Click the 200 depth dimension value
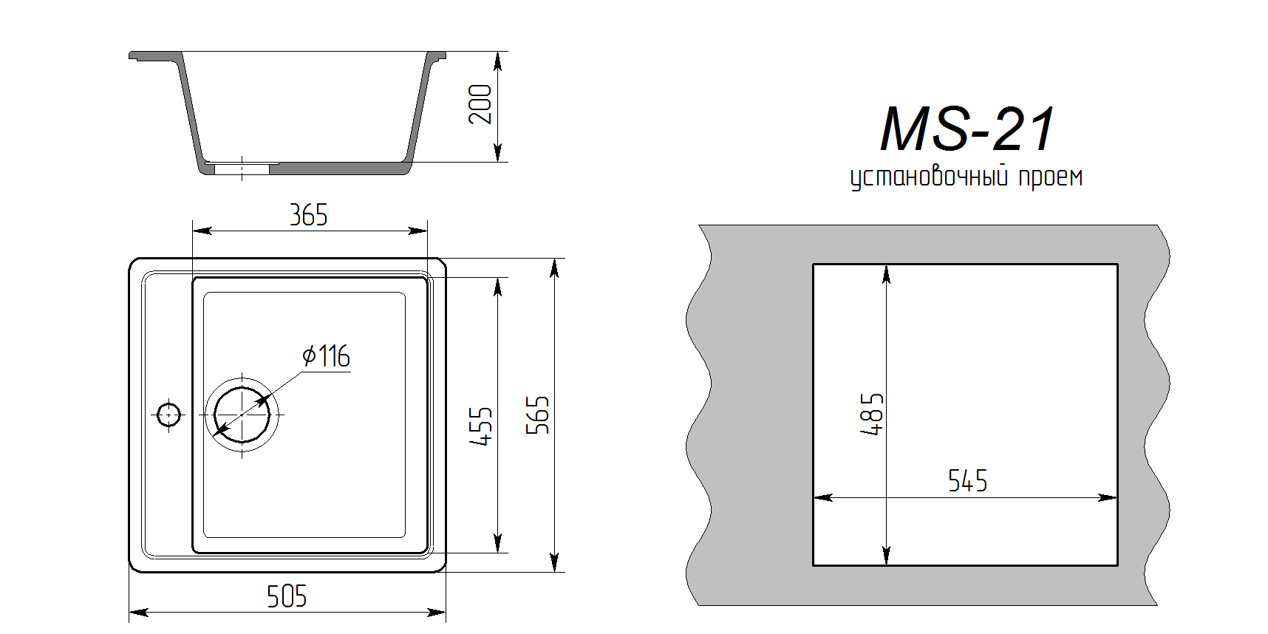(x=480, y=104)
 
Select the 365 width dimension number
(x=308, y=215)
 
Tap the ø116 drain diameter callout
(x=326, y=356)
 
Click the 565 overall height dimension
(x=538, y=415)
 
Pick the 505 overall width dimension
(x=287, y=596)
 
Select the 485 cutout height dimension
(x=872, y=414)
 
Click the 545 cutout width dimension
(x=967, y=481)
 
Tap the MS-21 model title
(x=967, y=129)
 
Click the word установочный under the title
(x=929, y=177)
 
